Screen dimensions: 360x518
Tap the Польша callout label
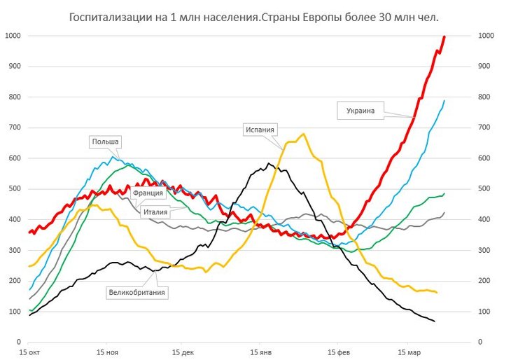(x=106, y=141)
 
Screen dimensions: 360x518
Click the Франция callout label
(x=148, y=193)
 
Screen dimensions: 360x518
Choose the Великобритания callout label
(x=137, y=292)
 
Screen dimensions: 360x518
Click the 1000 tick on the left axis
(x=13, y=36)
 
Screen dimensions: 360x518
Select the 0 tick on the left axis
(x=18, y=342)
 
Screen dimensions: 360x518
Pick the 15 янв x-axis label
(x=260, y=352)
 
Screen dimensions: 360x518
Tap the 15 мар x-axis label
(x=412, y=352)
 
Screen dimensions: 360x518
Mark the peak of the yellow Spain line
(x=304, y=134)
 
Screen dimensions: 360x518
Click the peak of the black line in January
(x=268, y=164)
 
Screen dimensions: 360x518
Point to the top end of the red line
(x=444, y=36)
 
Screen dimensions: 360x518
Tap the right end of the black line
(x=435, y=321)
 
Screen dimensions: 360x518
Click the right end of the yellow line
(x=437, y=292)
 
